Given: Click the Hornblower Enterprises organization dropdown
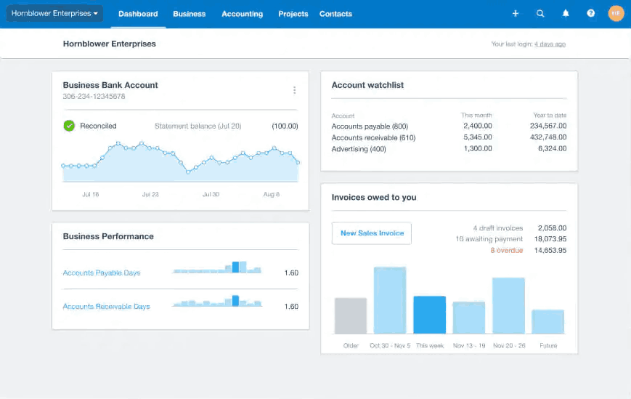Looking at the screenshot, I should click(x=54, y=13).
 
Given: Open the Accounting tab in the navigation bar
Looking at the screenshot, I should click(x=242, y=14).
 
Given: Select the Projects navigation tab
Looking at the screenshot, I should click(x=293, y=14).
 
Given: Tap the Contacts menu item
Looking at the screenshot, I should click(x=335, y=14).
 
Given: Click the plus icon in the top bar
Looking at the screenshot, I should click(x=516, y=14).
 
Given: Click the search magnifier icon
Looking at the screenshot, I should click(x=540, y=14).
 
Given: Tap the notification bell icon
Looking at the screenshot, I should click(x=566, y=14).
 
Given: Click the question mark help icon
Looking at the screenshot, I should click(x=591, y=14).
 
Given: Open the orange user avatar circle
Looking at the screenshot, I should click(x=616, y=14).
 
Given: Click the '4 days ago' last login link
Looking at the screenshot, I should click(x=550, y=44).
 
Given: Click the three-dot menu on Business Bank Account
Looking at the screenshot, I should click(x=294, y=90).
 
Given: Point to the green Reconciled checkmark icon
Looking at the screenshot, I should click(x=69, y=126).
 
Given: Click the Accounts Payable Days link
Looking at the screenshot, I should click(x=102, y=273).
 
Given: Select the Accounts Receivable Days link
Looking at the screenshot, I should click(x=106, y=307).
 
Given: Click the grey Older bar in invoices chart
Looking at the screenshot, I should click(x=351, y=315).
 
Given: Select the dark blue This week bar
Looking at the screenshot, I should click(x=430, y=315).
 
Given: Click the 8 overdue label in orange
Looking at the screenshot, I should click(x=506, y=251).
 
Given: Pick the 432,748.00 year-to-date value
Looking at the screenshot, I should click(x=548, y=137).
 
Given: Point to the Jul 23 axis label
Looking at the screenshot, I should click(x=150, y=195).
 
